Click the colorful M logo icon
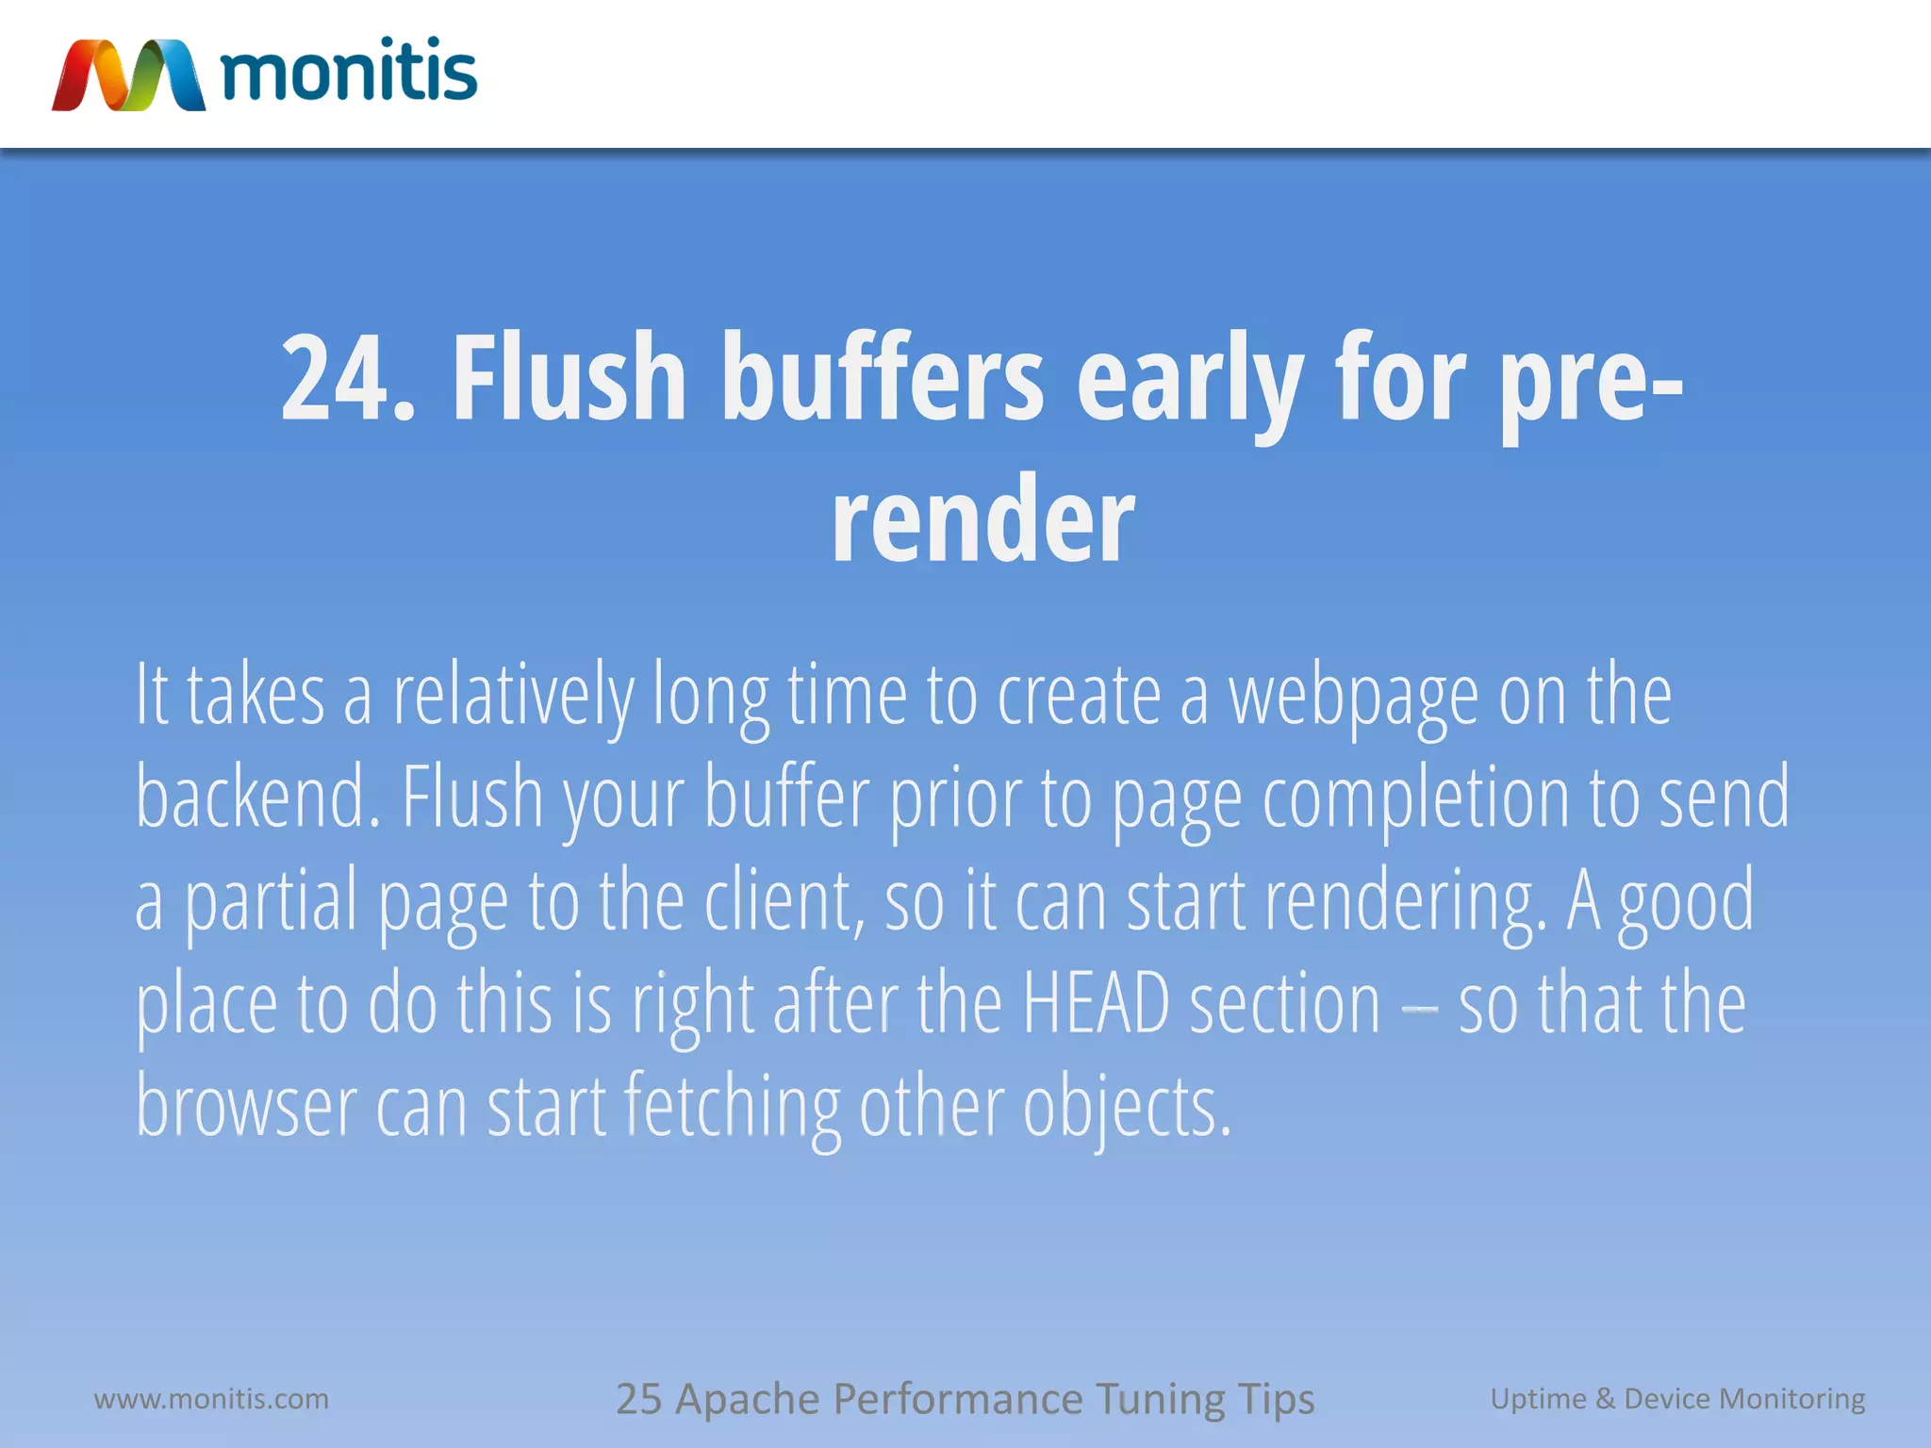(128, 75)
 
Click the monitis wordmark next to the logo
(349, 72)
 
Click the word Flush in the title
(569, 377)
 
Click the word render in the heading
(982, 520)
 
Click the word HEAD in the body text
(1096, 1004)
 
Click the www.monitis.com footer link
(211, 1399)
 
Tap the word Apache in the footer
(747, 1399)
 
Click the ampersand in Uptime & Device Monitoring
(1605, 1399)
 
